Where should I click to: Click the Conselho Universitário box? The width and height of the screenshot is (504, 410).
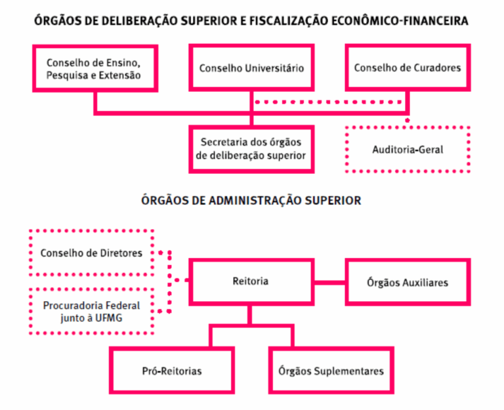(x=251, y=68)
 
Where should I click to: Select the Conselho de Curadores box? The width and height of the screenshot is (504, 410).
(x=408, y=68)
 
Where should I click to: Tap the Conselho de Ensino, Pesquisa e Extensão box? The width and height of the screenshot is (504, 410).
(x=94, y=68)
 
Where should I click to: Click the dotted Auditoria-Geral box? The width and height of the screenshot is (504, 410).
(x=408, y=150)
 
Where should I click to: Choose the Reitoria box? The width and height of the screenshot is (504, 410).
(x=251, y=281)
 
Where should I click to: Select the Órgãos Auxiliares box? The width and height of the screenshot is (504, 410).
(x=408, y=282)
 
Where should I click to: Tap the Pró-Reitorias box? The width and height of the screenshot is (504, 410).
(x=172, y=371)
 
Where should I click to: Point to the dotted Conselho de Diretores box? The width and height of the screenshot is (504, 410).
(x=92, y=253)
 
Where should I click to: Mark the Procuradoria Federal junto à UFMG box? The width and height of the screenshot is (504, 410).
(x=92, y=311)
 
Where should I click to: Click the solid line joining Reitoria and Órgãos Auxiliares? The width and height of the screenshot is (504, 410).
(x=331, y=282)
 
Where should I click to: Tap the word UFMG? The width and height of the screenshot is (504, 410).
(x=108, y=317)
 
